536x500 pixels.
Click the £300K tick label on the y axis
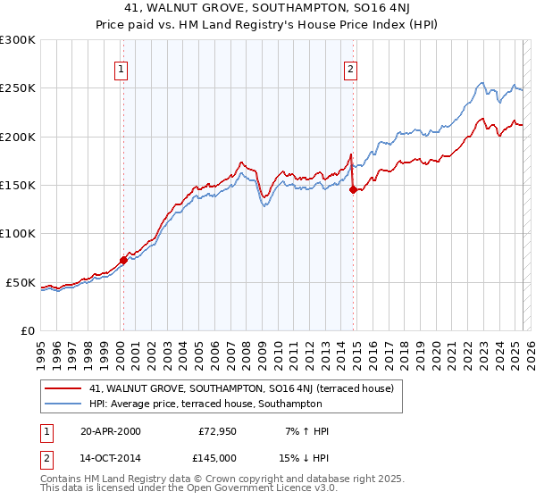coord(18,40)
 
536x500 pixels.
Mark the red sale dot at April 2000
coord(123,260)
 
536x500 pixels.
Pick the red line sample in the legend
coord(64,388)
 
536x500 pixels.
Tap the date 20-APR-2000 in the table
coord(110,431)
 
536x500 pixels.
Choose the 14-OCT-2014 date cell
coord(110,456)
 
